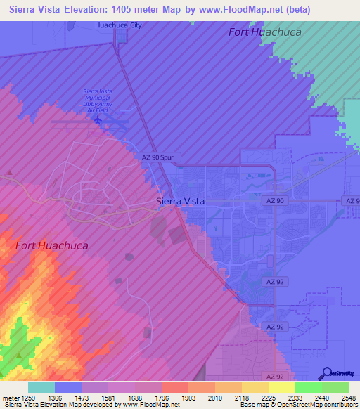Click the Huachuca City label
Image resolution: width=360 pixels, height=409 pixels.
point(118,25)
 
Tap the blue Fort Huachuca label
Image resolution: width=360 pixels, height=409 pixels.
point(264,32)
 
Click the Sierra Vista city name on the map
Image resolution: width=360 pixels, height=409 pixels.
point(180,201)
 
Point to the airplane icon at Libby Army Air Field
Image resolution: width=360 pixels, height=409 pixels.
point(98,119)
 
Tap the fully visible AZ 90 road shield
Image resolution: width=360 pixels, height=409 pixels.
point(276,201)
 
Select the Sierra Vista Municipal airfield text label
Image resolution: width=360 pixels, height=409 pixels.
point(99,99)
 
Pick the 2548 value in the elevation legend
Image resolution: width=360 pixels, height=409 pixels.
point(348,397)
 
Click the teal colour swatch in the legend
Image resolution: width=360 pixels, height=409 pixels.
point(41,387)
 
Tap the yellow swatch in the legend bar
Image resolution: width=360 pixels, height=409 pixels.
point(282,387)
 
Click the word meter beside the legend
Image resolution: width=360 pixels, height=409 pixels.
point(9,397)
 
